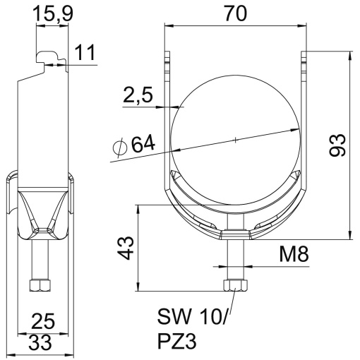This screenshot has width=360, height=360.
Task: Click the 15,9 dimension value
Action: [53, 13]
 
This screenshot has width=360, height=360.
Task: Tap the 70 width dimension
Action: [235, 13]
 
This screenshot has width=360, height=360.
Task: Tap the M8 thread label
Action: [294, 253]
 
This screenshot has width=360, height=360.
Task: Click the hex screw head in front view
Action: [234, 286]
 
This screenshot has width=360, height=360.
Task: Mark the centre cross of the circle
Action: [235, 140]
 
